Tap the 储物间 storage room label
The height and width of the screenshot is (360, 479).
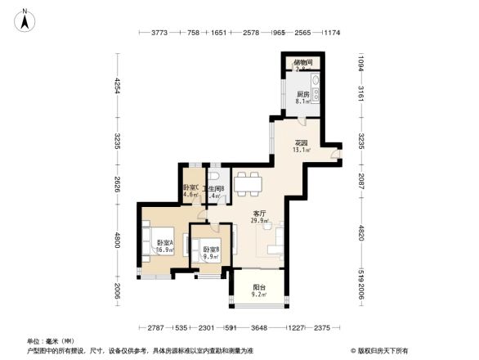pos(303,64)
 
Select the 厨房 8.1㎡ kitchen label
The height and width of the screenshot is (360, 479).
pos(302,98)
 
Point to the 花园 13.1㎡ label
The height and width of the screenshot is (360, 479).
pos(301,145)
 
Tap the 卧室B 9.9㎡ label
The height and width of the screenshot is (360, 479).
pos(210,253)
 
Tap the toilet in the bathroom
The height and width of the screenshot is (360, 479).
pos(214,178)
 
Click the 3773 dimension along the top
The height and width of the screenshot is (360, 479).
pos(159,34)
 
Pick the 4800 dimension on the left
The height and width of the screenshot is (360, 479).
pos(119,240)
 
